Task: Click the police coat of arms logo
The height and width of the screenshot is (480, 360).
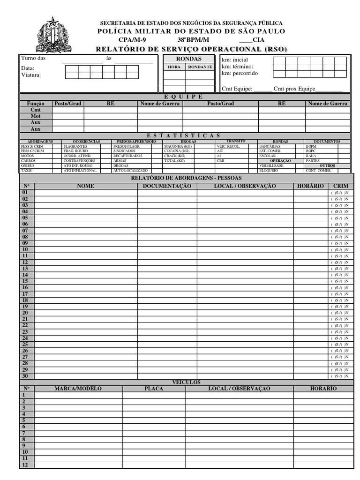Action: tap(52, 35)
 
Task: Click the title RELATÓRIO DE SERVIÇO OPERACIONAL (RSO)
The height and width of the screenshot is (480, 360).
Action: tap(191, 49)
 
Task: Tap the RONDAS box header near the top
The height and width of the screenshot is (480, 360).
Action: tap(188, 59)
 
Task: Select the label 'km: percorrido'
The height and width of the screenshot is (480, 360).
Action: tap(240, 73)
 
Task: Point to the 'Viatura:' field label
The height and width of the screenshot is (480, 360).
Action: tap(31, 75)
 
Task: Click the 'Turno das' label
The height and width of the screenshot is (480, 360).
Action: tap(33, 59)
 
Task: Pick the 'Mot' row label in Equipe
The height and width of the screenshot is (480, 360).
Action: tap(36, 116)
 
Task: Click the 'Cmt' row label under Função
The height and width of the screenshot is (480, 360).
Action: tap(36, 110)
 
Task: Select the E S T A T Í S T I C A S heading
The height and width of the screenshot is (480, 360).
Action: tap(187, 135)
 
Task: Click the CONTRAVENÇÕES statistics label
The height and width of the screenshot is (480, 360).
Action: tap(79, 161)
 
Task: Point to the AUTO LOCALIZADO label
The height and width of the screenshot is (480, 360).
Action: tap(130, 171)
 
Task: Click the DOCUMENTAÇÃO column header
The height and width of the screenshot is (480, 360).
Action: tap(167, 186)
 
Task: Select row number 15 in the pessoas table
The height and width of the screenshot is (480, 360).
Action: tap(25, 281)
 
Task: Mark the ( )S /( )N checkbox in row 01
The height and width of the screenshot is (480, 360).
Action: tap(339, 193)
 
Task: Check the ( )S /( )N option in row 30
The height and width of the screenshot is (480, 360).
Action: tap(339, 376)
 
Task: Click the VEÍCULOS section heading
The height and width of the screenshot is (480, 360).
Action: tap(187, 382)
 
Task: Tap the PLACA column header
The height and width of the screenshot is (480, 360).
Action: tap(154, 389)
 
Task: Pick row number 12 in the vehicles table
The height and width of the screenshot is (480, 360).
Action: tap(25, 465)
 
